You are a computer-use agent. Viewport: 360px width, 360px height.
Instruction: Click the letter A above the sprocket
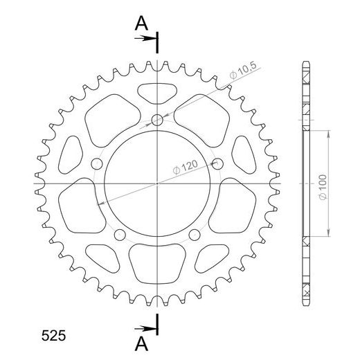(141, 24)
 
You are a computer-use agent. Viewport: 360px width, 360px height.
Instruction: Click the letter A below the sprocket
(141, 343)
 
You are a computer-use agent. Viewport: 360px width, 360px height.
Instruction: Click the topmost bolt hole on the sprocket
(158, 121)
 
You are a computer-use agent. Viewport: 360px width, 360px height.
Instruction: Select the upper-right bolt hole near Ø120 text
(217, 163)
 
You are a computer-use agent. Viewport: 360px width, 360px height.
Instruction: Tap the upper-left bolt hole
(98, 163)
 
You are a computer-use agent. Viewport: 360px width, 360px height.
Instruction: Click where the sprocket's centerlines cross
(158, 183)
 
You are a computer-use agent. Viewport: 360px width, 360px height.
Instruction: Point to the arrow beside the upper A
(148, 38)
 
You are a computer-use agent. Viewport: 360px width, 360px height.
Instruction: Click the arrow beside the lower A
(148, 326)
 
